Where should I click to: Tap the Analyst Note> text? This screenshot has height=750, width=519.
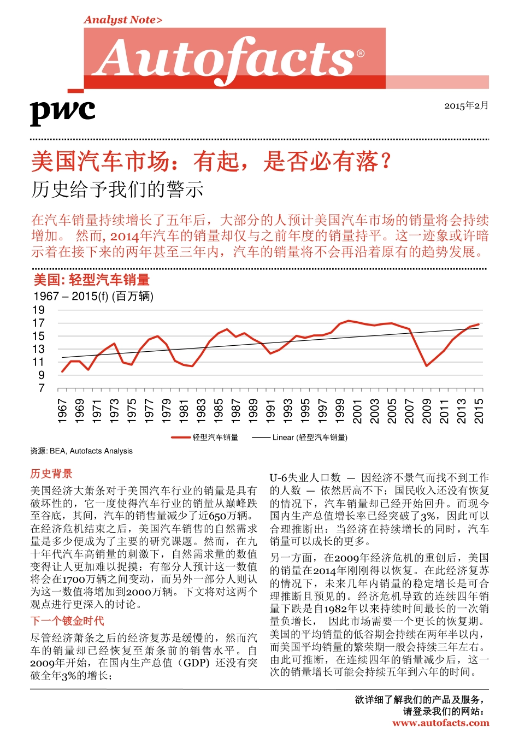pyautogui.click(x=123, y=20)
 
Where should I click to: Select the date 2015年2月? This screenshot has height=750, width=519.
pyautogui.click(x=466, y=105)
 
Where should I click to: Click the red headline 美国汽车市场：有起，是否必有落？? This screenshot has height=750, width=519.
pyautogui.click(x=211, y=162)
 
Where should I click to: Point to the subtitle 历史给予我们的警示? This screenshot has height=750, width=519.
pyautogui.click(x=117, y=190)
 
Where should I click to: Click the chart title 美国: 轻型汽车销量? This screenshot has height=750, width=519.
pyautogui.click(x=92, y=280)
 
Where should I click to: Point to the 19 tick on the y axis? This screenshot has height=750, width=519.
pyautogui.click(x=38, y=310)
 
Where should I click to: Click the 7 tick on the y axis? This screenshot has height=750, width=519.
pyautogui.click(x=42, y=388)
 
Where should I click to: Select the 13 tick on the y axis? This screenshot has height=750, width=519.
pyautogui.click(x=38, y=349)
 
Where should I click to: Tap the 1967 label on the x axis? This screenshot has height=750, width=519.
pyautogui.click(x=62, y=410)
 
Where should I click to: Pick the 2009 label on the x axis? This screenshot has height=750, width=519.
pyautogui.click(x=427, y=410)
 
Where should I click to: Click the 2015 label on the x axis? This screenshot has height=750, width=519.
pyautogui.click(x=479, y=410)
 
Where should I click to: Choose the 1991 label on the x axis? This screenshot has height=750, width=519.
pyautogui.click(x=270, y=410)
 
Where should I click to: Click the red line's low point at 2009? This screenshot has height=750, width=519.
pyautogui.click(x=427, y=366)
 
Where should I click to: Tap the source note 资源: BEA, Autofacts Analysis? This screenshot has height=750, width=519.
pyautogui.click(x=81, y=451)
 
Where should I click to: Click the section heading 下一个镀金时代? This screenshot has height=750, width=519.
pyautogui.click(x=67, y=621)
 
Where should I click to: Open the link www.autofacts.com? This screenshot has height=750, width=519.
pyautogui.click(x=440, y=723)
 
